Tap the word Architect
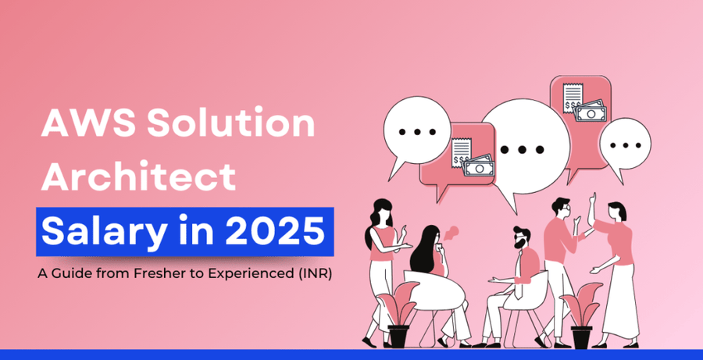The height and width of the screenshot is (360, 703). (137, 178)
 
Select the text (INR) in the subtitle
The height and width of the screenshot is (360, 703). (316, 275)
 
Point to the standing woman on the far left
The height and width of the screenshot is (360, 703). (384, 266)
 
